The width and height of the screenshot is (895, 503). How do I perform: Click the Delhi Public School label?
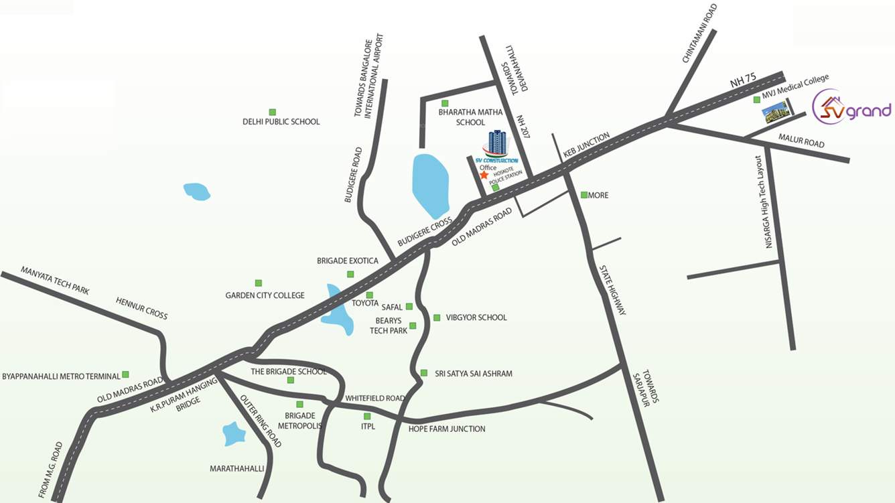[x=281, y=122]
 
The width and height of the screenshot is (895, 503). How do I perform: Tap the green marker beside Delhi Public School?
[x=272, y=111]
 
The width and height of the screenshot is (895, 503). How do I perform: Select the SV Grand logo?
[x=851, y=109]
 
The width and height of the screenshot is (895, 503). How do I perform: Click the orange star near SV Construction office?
[x=484, y=175]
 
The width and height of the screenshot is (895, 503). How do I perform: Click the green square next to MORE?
[x=584, y=195]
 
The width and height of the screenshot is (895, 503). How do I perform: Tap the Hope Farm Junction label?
[x=447, y=429]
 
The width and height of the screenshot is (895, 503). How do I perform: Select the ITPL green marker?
[x=366, y=416]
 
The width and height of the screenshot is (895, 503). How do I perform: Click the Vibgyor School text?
[x=476, y=317]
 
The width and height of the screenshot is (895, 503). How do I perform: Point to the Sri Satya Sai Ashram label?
[x=473, y=373]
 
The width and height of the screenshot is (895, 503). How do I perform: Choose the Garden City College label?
[x=265, y=295]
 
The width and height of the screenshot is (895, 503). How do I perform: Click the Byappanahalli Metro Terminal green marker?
[x=125, y=374]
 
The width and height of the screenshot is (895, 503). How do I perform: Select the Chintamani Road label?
[x=699, y=33]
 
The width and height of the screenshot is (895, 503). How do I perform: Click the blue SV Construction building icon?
[x=497, y=143]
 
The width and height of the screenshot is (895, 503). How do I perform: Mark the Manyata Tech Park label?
[x=55, y=281]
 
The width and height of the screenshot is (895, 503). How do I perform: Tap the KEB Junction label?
[x=586, y=145]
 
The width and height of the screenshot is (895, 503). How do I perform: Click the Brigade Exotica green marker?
[x=350, y=274]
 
